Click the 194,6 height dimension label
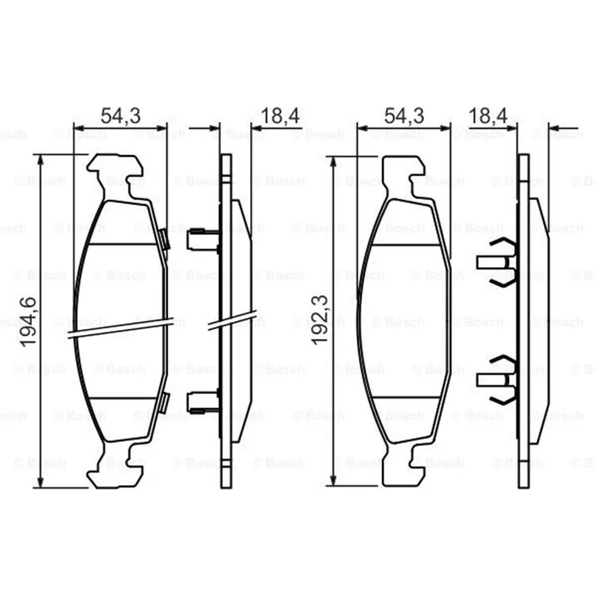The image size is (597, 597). tap(28, 322)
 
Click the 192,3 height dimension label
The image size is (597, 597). tap(320, 321)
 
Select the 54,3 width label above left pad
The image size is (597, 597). tap(121, 116)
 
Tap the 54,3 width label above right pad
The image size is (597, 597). tap(404, 116)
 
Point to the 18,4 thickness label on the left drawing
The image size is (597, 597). tap(281, 116)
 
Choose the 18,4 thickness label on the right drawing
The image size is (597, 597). tap(488, 116)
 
